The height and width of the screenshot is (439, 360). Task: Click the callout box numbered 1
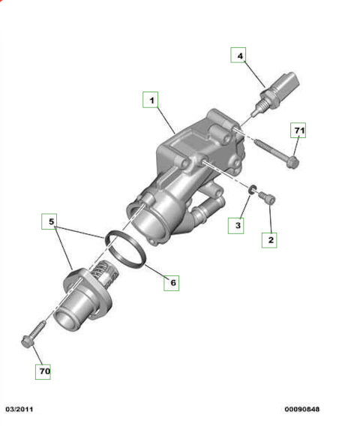pos(151,100)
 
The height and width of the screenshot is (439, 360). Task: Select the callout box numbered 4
pos(238,55)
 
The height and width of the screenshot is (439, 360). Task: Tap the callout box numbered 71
pos(298,130)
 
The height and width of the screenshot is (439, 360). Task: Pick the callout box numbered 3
pos(235,226)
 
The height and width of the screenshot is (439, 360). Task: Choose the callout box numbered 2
pos(269,240)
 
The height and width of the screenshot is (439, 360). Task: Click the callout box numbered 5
pos(49,221)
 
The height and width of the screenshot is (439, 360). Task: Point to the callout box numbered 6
pos(172,283)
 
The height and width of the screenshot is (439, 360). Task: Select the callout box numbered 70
pos(43,371)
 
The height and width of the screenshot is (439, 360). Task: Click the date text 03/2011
pos(19,409)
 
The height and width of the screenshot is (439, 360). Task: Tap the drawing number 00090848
pos(301,409)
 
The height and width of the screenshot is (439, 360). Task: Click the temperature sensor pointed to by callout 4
pos(275,94)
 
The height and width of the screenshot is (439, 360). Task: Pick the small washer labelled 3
pos(253,190)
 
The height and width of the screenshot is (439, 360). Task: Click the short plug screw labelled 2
pos(266,197)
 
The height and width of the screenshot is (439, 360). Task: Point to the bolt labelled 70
pos(34,335)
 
